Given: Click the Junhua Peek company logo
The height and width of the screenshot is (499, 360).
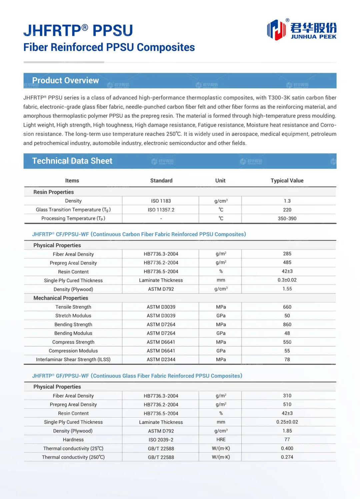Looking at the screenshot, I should [301, 29].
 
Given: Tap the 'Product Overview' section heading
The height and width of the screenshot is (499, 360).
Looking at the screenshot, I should [65, 80].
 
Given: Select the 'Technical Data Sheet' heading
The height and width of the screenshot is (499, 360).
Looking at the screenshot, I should [72, 161].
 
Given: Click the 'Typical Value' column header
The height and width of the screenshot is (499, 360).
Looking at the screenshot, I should [287, 180].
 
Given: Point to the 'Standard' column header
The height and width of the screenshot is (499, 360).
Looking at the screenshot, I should [161, 180].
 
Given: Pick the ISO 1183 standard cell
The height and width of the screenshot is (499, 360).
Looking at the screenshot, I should [161, 201].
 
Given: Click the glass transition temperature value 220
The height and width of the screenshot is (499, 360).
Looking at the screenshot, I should [287, 210].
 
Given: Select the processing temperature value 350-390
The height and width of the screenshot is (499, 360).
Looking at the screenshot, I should [287, 218].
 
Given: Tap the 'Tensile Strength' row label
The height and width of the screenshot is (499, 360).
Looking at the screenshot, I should [73, 307].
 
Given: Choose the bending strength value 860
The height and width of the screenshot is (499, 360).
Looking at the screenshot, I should [287, 325].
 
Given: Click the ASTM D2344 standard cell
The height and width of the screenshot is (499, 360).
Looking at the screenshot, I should [161, 360].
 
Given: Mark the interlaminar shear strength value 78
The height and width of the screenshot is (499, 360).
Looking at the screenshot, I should [287, 360].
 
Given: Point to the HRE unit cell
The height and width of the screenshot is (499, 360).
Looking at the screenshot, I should [221, 440].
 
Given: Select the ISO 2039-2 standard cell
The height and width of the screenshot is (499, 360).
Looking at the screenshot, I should [161, 440].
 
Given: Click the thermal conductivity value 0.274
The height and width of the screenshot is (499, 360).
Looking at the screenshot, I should [287, 457].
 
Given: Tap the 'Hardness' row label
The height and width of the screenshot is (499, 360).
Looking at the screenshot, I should [73, 440].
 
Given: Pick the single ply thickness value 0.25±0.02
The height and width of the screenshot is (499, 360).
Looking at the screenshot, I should [287, 422].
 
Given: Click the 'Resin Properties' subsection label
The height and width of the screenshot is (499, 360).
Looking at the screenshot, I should [53, 192].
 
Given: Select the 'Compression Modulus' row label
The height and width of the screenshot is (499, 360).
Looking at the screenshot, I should [73, 351].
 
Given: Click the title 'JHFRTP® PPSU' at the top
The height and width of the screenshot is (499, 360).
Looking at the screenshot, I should [78, 30].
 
